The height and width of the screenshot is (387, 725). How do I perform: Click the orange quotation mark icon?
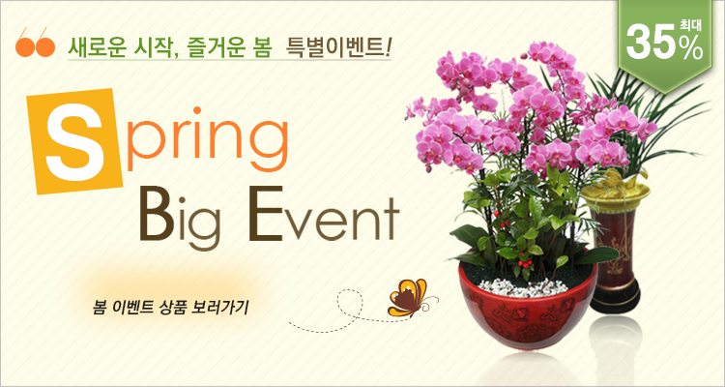(35, 43)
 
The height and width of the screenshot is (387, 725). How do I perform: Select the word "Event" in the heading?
(323, 214)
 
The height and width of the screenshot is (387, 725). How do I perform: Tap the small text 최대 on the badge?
(690, 25)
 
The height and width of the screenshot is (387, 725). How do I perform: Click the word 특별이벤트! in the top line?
(339, 47)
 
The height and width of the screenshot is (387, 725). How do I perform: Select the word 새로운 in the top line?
(95, 47)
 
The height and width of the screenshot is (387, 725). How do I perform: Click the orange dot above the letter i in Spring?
(197, 110)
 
